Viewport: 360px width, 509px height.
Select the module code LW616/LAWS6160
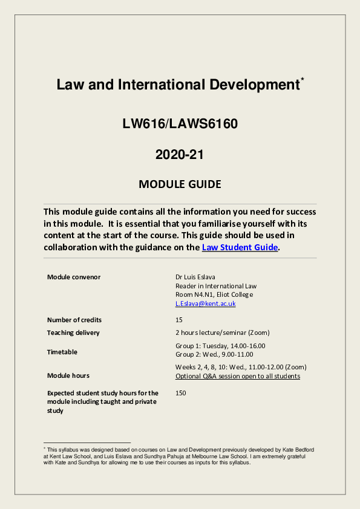pyautogui.click(x=180, y=125)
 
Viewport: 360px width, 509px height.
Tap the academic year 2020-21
pyautogui.click(x=180, y=154)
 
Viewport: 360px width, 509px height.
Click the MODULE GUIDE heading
pyautogui.click(x=180, y=184)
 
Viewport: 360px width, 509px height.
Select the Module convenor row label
pyautogui.click(x=74, y=277)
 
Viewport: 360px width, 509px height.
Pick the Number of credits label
pyautogui.click(x=74, y=320)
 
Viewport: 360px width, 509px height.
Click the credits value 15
pyautogui.click(x=179, y=320)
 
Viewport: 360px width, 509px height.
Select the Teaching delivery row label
pyautogui.click(x=73, y=332)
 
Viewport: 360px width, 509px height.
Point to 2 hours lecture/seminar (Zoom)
pyautogui.click(x=222, y=332)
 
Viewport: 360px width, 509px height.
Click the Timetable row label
pyautogui.click(x=62, y=352)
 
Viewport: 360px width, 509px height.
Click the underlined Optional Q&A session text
pyautogui.click(x=237, y=376)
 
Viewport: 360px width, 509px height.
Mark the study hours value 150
pyautogui.click(x=181, y=393)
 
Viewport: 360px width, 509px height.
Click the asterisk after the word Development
pyautogui.click(x=303, y=79)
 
